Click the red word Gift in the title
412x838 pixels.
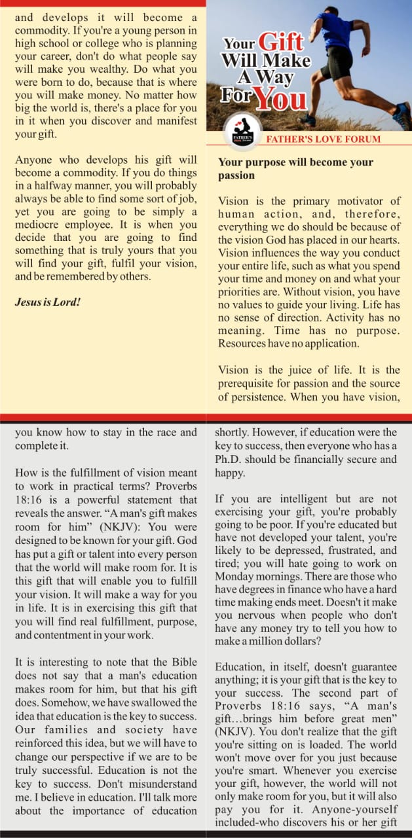(x=282, y=43)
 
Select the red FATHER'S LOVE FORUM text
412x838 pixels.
(x=323, y=139)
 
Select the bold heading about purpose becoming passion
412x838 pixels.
(x=295, y=168)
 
